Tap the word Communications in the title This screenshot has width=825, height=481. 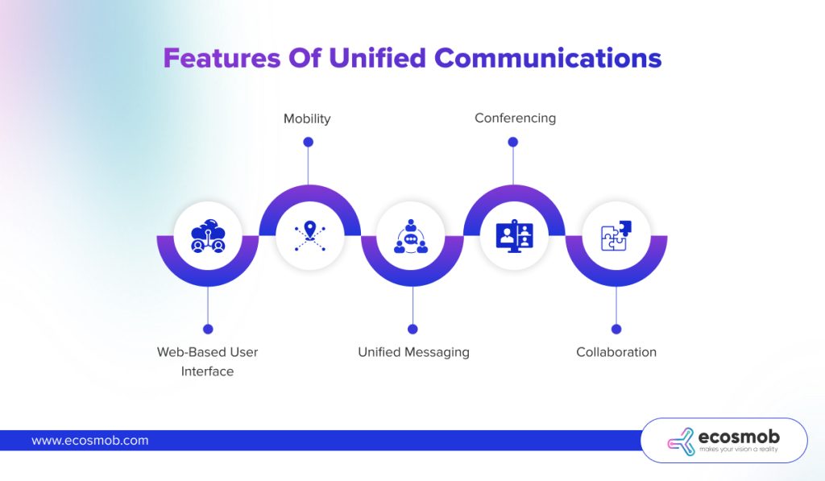pyautogui.click(x=548, y=59)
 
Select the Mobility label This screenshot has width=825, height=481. pyautogui.click(x=307, y=118)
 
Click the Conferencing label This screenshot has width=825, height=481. pyautogui.click(x=515, y=118)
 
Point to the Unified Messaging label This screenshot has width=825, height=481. pyautogui.click(x=413, y=352)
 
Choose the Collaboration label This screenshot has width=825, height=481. pyautogui.click(x=616, y=352)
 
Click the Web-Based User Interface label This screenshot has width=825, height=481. pyautogui.click(x=207, y=362)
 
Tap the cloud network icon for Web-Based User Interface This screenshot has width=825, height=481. pyautogui.click(x=208, y=235)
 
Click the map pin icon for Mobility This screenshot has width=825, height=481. pyautogui.click(x=309, y=235)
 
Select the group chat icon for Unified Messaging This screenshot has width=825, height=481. pyautogui.click(x=412, y=235)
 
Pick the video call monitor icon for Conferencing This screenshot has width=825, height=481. pyautogui.click(x=514, y=235)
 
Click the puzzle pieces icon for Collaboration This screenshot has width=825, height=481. pyautogui.click(x=616, y=235)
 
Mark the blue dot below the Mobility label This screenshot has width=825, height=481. pyautogui.click(x=308, y=142)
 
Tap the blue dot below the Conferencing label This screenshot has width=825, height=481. pyautogui.click(x=513, y=142)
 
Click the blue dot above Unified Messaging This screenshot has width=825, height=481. pyautogui.click(x=412, y=329)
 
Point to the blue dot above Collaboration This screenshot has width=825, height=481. pyautogui.click(x=616, y=329)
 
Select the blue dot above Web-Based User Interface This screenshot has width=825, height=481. pyautogui.click(x=208, y=329)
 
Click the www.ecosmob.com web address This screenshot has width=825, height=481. pyautogui.click(x=90, y=441)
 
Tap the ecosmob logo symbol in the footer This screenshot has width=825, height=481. pyautogui.click(x=681, y=441)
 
